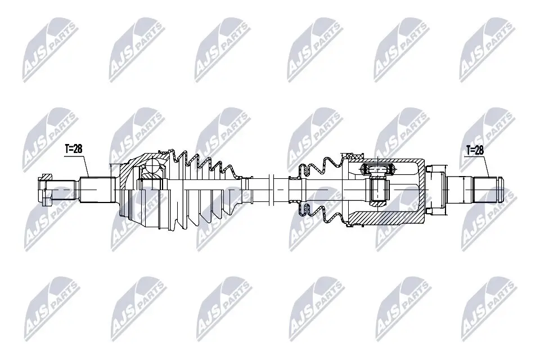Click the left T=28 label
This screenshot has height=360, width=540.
pyautogui.click(x=74, y=148)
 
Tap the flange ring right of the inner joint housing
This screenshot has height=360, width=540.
pyautogui.click(x=436, y=190)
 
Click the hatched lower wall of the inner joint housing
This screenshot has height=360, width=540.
pyautogui.click(x=388, y=214)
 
